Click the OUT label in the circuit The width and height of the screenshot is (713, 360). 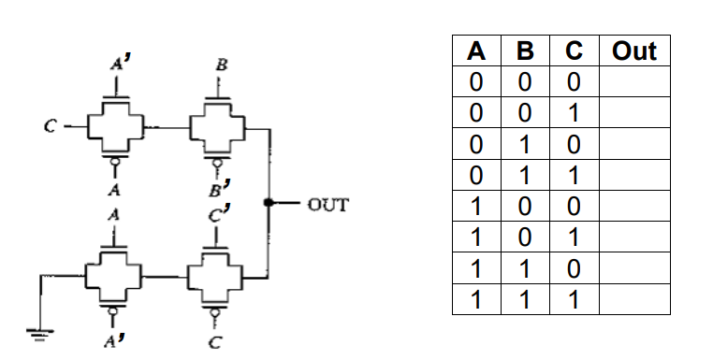(x=327, y=202)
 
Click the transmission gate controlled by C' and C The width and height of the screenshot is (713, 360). (x=216, y=277)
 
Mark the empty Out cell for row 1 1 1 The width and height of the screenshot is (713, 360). (x=633, y=300)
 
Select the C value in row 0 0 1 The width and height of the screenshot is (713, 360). (x=574, y=113)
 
